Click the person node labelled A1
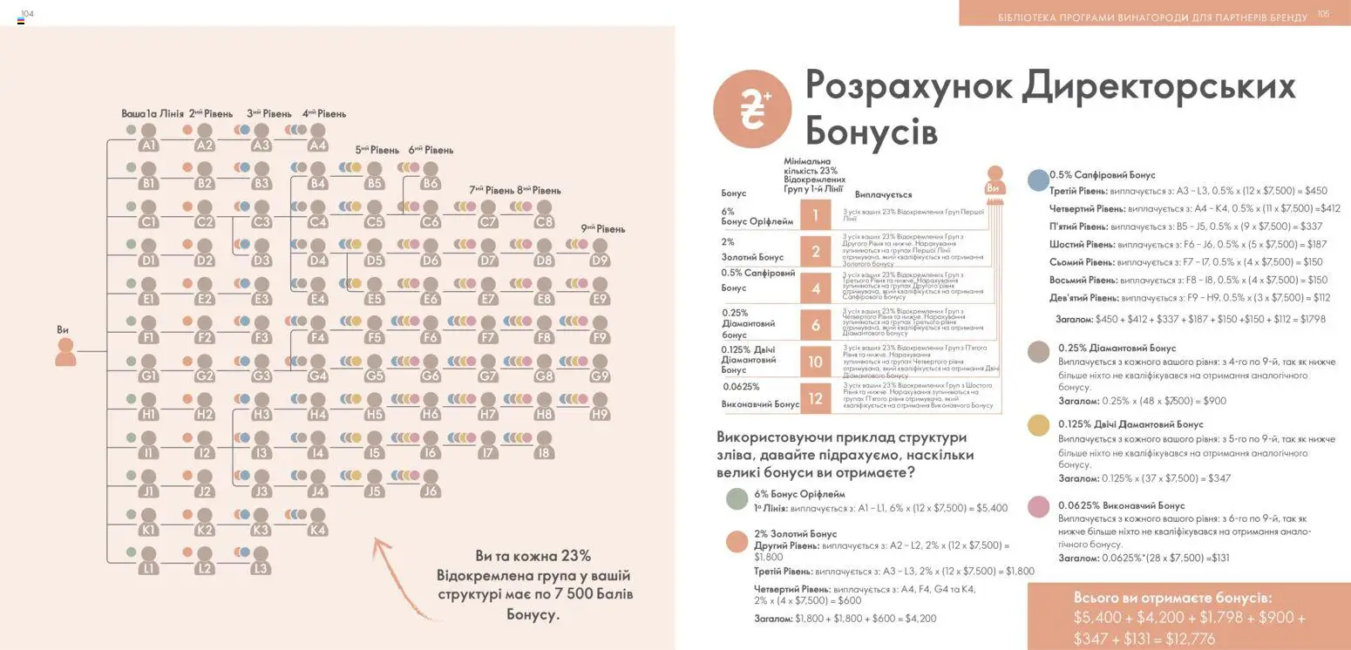[x=148, y=138]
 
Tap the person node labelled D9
[x=600, y=253]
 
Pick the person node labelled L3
[x=261, y=561]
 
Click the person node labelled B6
[x=431, y=176]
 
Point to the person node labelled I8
[x=544, y=445]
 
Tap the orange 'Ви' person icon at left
[x=65, y=351]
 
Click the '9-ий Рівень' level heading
[x=603, y=229]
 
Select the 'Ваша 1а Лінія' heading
[x=151, y=113]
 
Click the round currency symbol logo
[x=752, y=110]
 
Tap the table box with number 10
[x=816, y=362]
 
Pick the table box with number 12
[x=816, y=398]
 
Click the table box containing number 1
[x=816, y=215]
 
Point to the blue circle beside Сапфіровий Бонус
[x=1038, y=179]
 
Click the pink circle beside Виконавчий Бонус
[x=1038, y=506]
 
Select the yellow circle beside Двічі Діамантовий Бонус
[x=1038, y=425]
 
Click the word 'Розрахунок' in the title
[x=909, y=86]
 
